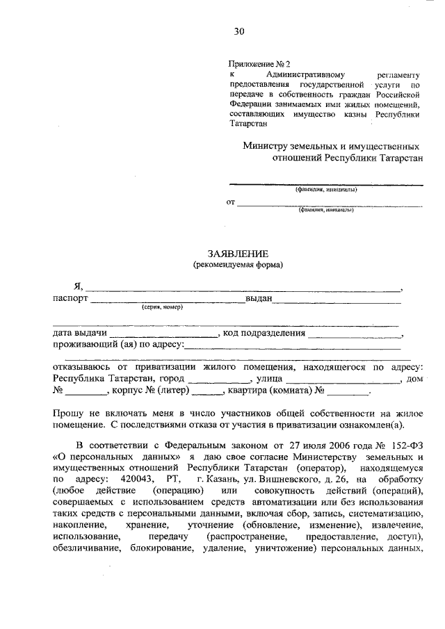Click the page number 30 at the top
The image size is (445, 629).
tap(239, 31)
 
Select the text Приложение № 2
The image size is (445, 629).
tap(256, 63)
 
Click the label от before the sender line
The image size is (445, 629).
tap(230, 202)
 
